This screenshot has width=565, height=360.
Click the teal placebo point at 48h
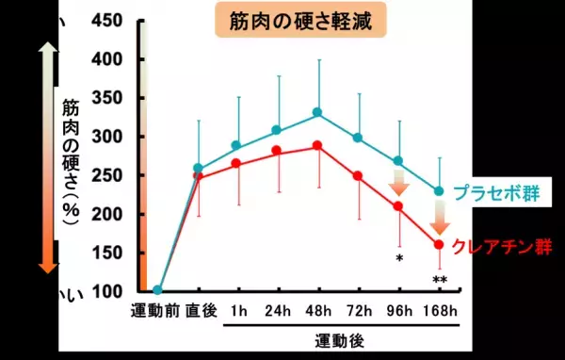pos(317,112)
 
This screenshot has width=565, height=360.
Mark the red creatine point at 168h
pos(438,244)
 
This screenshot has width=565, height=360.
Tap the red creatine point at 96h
pos(397,205)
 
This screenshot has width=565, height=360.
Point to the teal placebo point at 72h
pos(357,138)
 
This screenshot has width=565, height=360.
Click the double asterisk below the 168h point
pos(438,280)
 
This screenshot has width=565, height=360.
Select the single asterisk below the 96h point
pos(398,256)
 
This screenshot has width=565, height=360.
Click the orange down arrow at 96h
pos(398,181)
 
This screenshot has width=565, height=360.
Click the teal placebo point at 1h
pos(236,145)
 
